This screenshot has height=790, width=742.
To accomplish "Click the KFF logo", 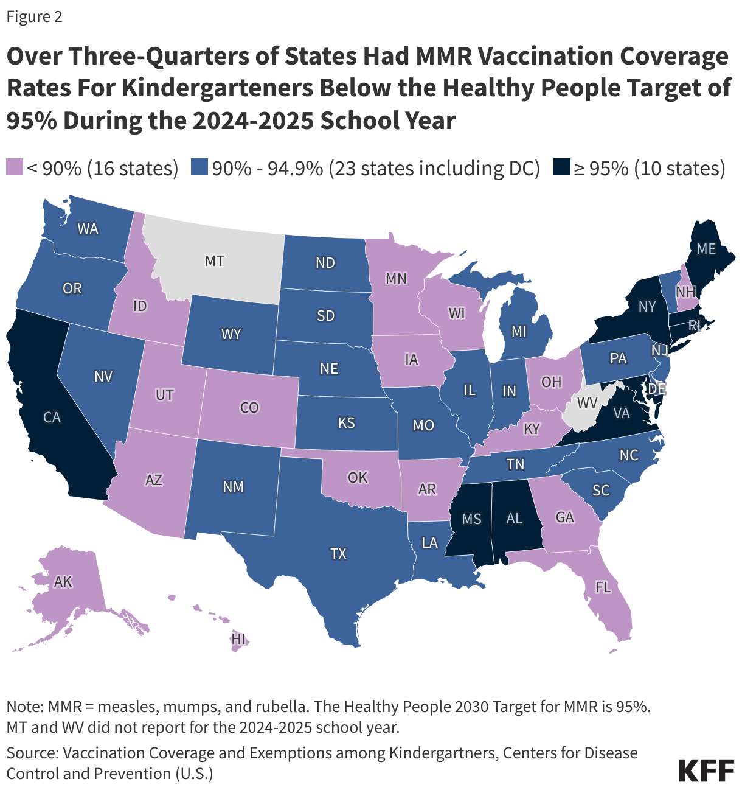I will (706, 770).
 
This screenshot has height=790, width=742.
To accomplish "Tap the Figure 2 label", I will (35, 16).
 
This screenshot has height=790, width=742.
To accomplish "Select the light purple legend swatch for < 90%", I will (14, 168).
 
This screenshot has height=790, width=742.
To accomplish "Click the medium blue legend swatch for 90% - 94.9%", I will (199, 168).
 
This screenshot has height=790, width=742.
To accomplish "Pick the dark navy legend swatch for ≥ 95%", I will (561, 168).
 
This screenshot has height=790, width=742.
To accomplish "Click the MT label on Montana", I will (214, 261).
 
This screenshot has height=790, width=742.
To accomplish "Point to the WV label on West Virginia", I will (586, 402).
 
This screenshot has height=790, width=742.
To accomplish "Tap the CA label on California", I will (52, 418).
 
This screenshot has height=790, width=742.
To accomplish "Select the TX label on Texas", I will (338, 553).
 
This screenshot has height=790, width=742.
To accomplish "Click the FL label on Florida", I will (603, 587).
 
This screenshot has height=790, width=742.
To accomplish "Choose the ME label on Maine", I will (706, 248).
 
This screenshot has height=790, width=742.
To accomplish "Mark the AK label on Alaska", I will (63, 581).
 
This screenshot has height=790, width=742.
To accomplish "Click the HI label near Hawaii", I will (238, 639).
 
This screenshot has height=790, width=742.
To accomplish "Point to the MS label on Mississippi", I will (471, 519).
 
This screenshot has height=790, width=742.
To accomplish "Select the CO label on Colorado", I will (249, 407).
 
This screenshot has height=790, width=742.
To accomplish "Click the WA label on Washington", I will (88, 229).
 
